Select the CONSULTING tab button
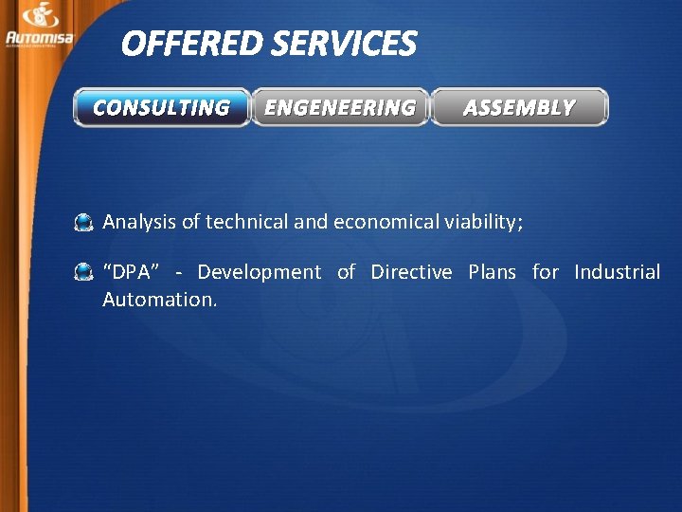coord(161,107)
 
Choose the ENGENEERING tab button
coord(340,107)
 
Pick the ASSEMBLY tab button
coord(519,107)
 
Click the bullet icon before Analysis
coord(84,223)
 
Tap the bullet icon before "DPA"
coord(84,273)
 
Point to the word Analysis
coord(139,222)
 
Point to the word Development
coord(259,273)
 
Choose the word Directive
coord(411,272)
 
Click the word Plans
coord(493,272)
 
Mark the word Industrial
coord(617,272)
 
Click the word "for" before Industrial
coord(545,272)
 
